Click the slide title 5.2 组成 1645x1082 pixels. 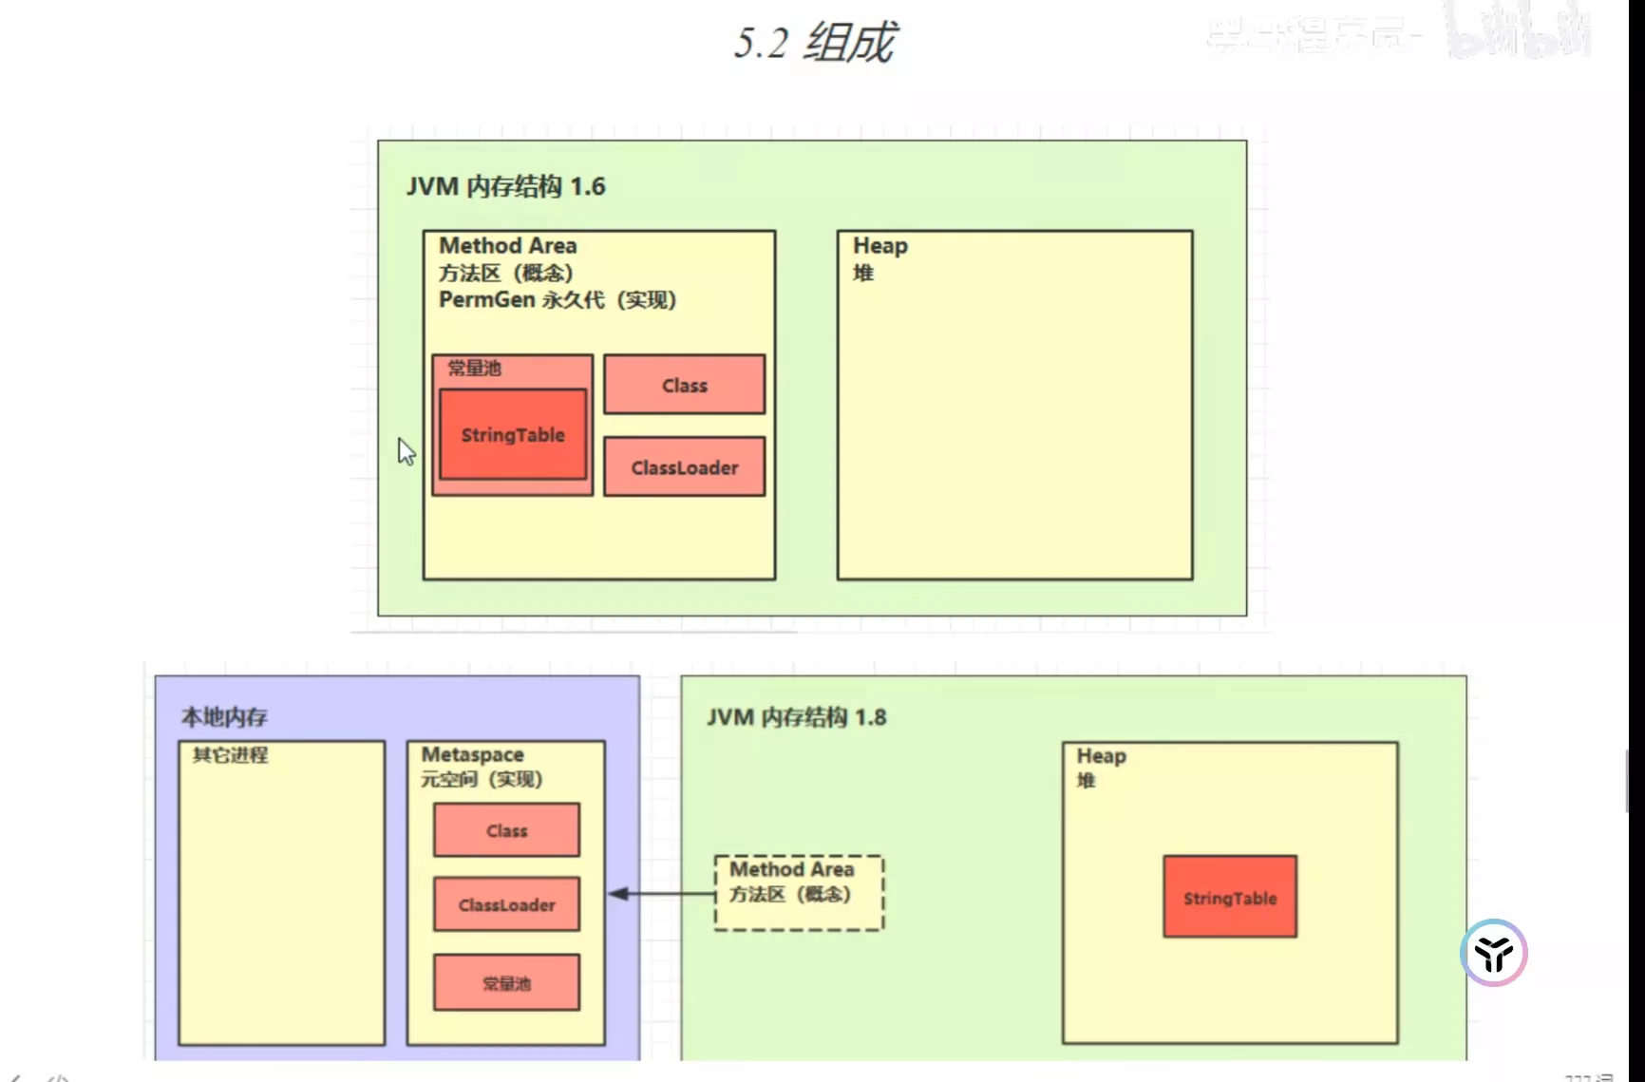coord(815,43)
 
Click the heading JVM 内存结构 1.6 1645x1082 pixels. coord(505,186)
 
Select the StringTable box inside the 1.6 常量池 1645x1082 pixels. coord(513,435)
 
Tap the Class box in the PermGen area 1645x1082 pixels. coord(684,385)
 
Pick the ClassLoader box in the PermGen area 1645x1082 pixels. coord(684,467)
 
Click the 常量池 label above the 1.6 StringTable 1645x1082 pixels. coord(474,368)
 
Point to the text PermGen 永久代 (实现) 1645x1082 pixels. coord(557,300)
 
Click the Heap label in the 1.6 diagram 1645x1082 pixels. coord(879,246)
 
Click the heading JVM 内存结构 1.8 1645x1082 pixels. coord(796,717)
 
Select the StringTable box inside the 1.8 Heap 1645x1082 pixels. coord(1230,898)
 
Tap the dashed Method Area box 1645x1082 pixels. coord(799,893)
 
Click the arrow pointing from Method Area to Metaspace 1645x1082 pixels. coord(661,894)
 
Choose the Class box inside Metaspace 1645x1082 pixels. coord(506,830)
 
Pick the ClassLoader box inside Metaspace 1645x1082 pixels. coord(506,904)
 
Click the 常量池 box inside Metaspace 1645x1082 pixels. coord(506,983)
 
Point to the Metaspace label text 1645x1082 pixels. coord(472,754)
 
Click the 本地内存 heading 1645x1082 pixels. coord(224,717)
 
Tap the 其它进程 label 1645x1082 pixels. coord(230,755)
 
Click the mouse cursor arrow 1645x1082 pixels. coord(407,451)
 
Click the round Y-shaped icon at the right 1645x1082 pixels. coord(1493,953)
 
